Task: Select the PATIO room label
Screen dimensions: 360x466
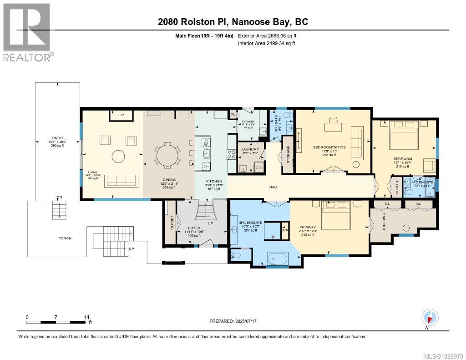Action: pos(57,137)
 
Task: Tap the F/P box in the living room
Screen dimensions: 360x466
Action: pos(121,115)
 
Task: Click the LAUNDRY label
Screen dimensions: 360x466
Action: pos(250,149)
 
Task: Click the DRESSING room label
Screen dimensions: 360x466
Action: pos(384,222)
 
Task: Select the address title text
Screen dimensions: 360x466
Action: pos(233,22)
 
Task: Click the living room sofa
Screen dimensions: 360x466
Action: pos(121,181)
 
